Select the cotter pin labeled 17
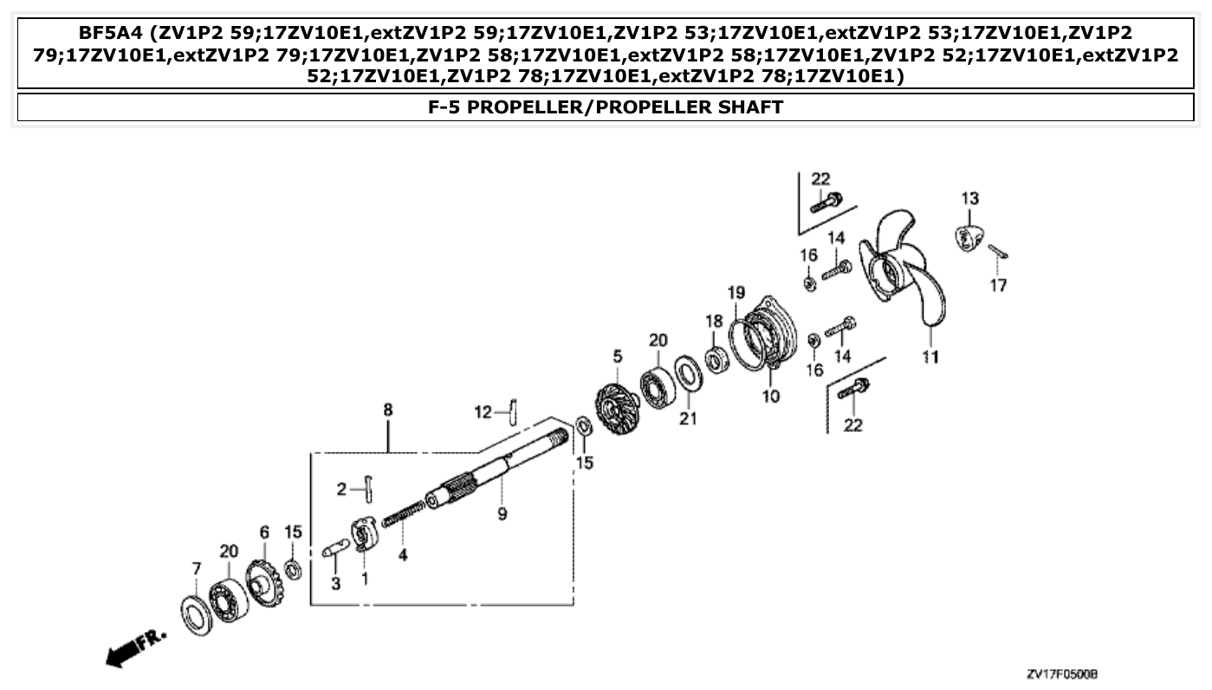tap(999, 252)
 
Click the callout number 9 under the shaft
tap(502, 514)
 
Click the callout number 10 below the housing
tap(770, 397)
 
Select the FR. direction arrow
tap(134, 647)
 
